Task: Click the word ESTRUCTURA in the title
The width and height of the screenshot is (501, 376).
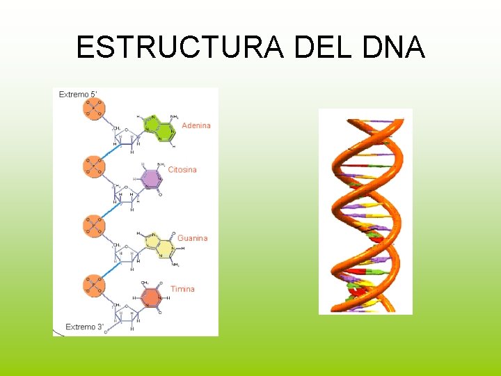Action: click(x=180, y=47)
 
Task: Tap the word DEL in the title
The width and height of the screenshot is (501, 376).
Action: click(x=325, y=47)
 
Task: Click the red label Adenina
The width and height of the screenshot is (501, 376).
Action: click(x=196, y=125)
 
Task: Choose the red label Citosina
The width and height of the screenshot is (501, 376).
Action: click(x=182, y=169)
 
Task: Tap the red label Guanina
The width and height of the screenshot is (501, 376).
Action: click(x=192, y=238)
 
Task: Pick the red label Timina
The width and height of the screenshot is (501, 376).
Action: click(x=182, y=289)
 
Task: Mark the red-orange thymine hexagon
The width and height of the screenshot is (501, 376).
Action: click(x=151, y=297)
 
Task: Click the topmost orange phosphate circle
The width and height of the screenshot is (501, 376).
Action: click(x=93, y=107)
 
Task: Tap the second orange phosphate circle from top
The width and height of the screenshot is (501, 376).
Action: click(x=93, y=166)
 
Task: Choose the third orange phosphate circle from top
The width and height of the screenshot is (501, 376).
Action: click(x=93, y=225)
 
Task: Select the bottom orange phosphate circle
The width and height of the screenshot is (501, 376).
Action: click(x=93, y=284)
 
